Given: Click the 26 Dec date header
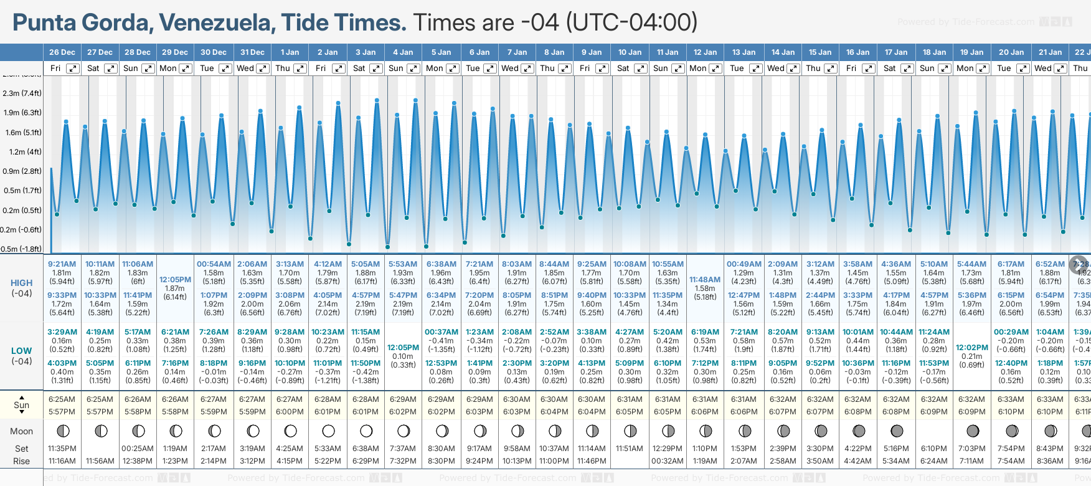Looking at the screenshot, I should [x=62, y=52].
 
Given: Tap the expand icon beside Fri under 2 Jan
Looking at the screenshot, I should [x=339, y=69].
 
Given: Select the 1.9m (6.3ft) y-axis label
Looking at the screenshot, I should [x=22, y=113].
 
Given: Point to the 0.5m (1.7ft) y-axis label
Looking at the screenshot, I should [x=22, y=191].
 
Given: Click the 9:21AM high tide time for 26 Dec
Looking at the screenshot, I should [x=62, y=264].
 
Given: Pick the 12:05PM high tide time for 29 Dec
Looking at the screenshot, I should [x=175, y=280].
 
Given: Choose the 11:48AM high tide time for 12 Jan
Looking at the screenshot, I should [x=706, y=280].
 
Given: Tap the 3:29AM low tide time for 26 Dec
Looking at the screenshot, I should [x=62, y=332].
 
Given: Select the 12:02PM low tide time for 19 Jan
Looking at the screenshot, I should [x=971, y=348].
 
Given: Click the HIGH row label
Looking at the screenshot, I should [x=22, y=283].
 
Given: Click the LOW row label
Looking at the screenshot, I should [x=22, y=351].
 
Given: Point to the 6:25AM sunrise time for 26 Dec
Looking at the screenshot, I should [x=62, y=399].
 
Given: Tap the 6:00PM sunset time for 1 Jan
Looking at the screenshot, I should [x=290, y=412].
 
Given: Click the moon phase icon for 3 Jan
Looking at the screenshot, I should [x=366, y=431].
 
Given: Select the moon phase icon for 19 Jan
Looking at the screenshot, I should [x=972, y=431].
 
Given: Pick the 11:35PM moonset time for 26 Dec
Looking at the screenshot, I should [x=62, y=449].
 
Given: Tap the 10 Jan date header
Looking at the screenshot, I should [x=630, y=52].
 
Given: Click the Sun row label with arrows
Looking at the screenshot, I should [x=22, y=405].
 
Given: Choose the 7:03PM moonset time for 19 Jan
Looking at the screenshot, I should [x=971, y=449].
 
